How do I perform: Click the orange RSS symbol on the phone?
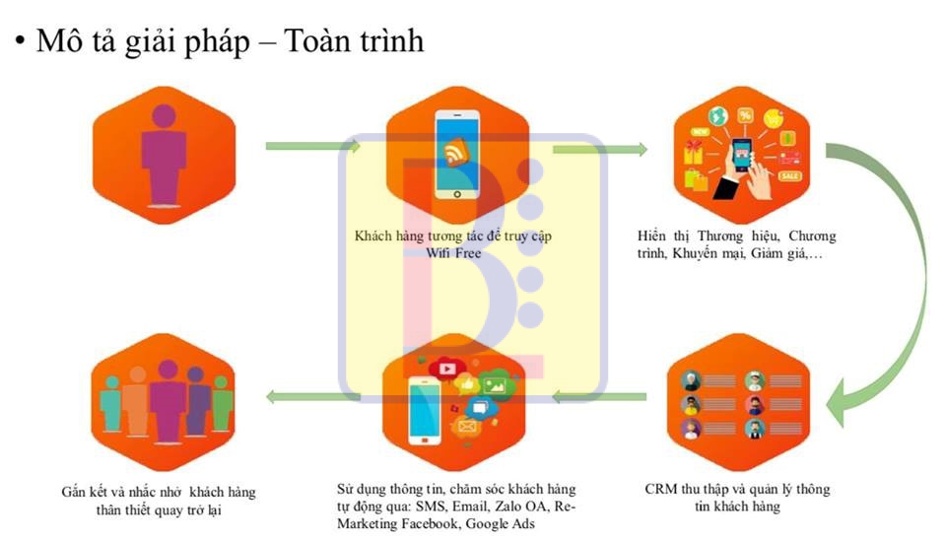(x=456, y=153)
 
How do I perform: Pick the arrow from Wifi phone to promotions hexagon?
(x=600, y=150)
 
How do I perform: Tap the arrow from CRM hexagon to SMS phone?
(x=600, y=397)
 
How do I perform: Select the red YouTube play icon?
(x=447, y=370)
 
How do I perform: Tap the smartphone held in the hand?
(x=741, y=155)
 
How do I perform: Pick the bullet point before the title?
(x=19, y=42)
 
